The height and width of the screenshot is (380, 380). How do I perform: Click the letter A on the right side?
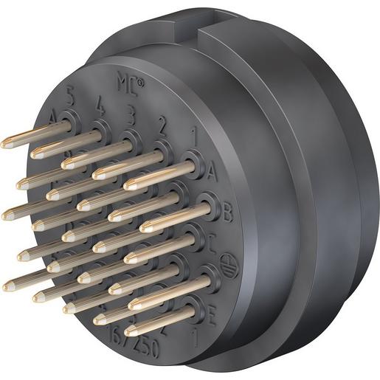[212, 173]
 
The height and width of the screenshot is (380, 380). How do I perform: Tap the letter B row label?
[227, 214]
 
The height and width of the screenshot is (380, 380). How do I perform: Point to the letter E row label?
[212, 319]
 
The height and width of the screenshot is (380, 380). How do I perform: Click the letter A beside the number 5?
[53, 117]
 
